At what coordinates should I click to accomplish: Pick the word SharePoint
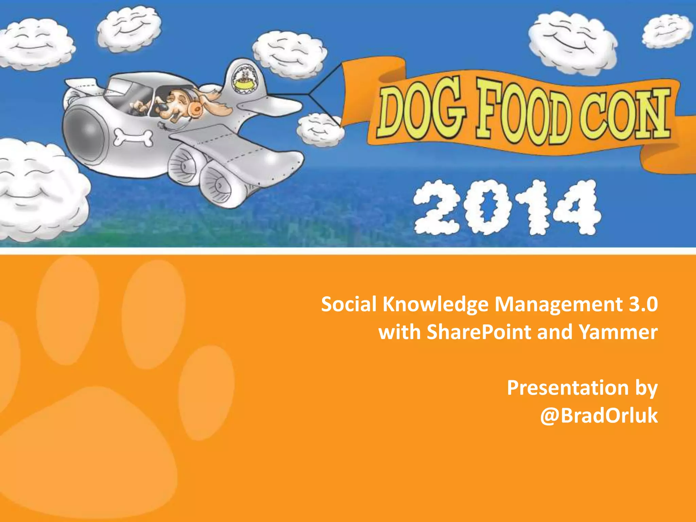pyautogui.click(x=478, y=332)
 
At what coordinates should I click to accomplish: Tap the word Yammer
pyautogui.click(x=618, y=332)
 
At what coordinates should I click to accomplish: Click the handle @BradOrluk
pyautogui.click(x=599, y=416)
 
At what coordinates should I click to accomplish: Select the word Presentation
pyautogui.click(x=568, y=388)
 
